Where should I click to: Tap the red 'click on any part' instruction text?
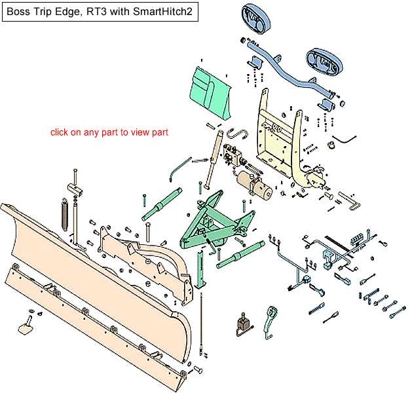[110, 132]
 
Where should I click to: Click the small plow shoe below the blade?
[26, 326]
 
